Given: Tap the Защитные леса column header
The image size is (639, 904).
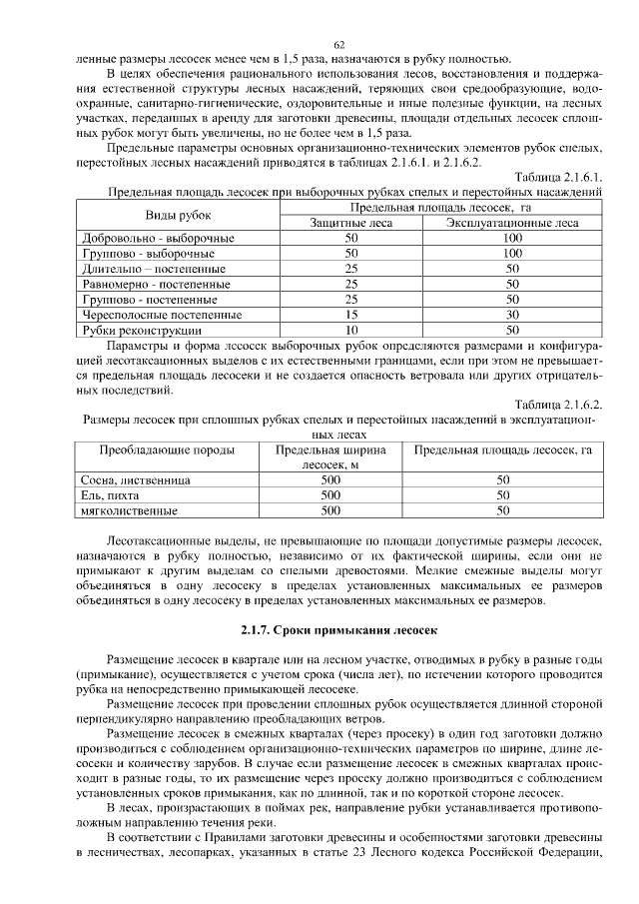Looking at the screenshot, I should pyautogui.click(x=350, y=223).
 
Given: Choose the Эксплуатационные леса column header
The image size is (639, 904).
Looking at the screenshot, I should pyautogui.click(x=512, y=223).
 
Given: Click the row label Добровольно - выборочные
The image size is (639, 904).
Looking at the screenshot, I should pyautogui.click(x=157, y=239).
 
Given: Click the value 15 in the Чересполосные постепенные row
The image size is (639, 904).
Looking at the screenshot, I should pyautogui.click(x=350, y=314).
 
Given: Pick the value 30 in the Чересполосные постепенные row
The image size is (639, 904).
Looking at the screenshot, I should pyautogui.click(x=512, y=314).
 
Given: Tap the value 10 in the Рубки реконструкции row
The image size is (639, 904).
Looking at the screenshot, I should pyautogui.click(x=350, y=329).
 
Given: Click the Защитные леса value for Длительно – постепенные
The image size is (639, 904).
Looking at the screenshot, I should pyautogui.click(x=350, y=269).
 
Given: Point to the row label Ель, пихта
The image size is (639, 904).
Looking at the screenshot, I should pyautogui.click(x=110, y=495).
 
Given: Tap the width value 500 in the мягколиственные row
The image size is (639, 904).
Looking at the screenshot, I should pyautogui.click(x=330, y=510).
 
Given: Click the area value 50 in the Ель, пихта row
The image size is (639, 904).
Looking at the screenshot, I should pyautogui.click(x=503, y=495).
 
